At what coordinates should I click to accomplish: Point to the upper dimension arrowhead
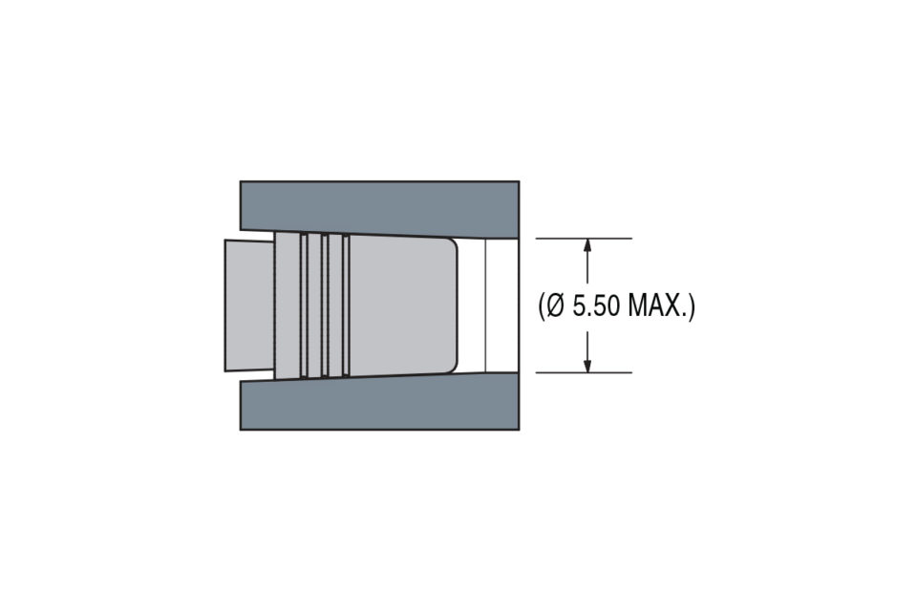[587, 244]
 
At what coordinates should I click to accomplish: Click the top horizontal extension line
[583, 238]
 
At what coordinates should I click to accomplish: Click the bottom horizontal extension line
[583, 372]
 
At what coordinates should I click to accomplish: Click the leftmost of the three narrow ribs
[304, 305]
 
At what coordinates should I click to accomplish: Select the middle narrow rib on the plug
[325, 305]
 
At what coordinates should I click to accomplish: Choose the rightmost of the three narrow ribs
[346, 305]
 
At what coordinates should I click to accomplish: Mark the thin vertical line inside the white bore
[485, 305]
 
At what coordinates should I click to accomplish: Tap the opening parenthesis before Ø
[542, 306]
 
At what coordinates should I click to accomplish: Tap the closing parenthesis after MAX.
[693, 306]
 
